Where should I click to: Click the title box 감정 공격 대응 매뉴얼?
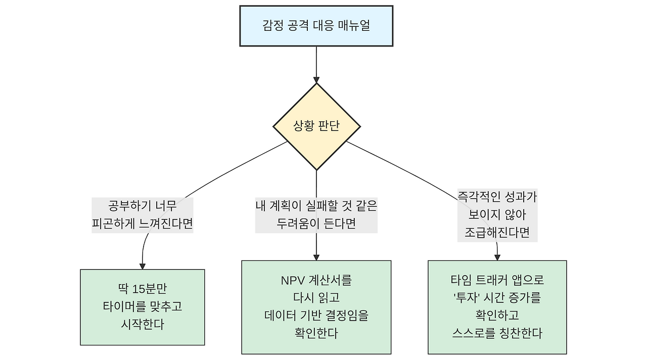click(x=316, y=26)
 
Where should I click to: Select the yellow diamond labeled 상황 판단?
click(x=316, y=126)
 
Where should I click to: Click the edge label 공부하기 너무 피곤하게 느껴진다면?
click(x=143, y=215)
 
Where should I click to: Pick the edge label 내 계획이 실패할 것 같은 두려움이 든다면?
click(x=316, y=215)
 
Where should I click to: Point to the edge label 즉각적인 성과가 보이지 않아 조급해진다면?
click(x=497, y=215)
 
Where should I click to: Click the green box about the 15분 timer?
click(x=143, y=307)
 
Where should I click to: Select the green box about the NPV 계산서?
click(x=316, y=307)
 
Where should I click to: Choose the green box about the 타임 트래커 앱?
click(x=497, y=307)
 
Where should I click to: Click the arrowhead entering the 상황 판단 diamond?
click(x=316, y=79)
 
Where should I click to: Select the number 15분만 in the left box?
click(x=150, y=289)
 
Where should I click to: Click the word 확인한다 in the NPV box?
click(x=316, y=333)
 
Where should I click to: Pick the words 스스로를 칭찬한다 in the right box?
click(x=497, y=333)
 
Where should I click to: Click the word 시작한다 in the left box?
click(x=143, y=325)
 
